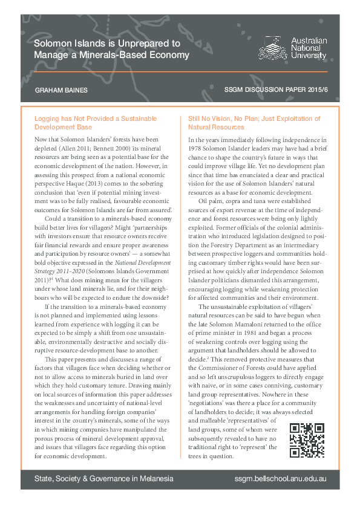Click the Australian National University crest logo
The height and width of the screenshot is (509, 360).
point(273,47)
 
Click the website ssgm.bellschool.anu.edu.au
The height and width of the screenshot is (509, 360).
point(280,478)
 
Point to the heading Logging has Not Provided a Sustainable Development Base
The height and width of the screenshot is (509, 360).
point(96,123)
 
